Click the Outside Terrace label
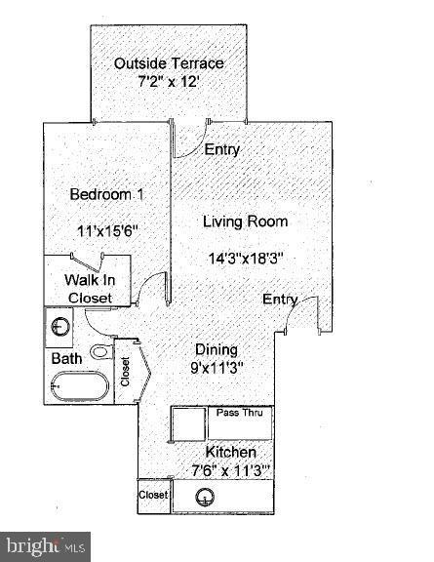[x=169, y=63]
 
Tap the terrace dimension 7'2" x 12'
[x=169, y=82]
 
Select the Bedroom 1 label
[x=107, y=195]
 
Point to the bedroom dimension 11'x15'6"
[x=108, y=231]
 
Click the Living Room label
[x=245, y=221]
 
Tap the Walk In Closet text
[x=88, y=289]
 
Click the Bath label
[x=66, y=359]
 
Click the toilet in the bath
[x=100, y=351]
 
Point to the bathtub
[x=76, y=388]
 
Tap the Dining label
[x=216, y=349]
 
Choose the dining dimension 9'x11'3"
[x=216, y=368]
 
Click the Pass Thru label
[x=241, y=413]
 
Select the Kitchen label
[x=230, y=453]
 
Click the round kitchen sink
[x=205, y=497]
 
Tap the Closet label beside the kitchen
[x=153, y=496]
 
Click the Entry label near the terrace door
[x=222, y=149]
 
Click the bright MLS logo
[x=46, y=544]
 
